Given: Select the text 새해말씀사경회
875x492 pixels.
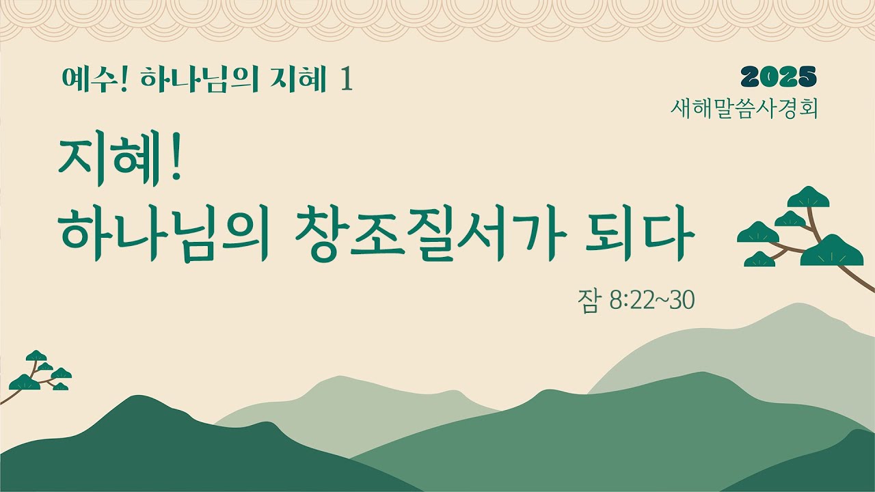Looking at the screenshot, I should [744, 108].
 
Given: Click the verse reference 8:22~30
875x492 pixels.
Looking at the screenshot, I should [650, 301].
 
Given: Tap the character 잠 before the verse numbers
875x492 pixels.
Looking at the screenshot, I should [588, 301].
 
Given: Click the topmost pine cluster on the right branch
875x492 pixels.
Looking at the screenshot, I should [808, 197].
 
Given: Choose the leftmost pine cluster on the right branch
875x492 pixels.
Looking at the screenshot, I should [758, 232].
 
